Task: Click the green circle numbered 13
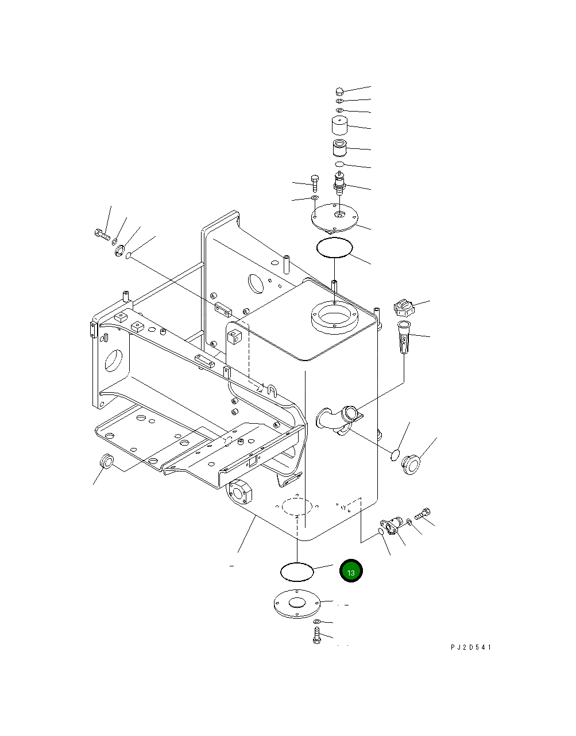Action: [351, 572]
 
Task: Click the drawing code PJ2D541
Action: [471, 647]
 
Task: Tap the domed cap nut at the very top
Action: [340, 91]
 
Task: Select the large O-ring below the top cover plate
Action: [334, 248]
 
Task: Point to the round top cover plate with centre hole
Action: [335, 217]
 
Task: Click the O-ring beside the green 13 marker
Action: [297, 572]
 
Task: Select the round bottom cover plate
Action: [296, 605]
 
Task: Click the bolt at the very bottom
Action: [316, 637]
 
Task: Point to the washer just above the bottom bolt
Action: [317, 623]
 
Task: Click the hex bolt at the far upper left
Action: [101, 234]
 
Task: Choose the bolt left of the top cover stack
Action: [314, 182]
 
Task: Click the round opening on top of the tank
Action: [334, 317]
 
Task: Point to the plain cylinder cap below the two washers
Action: [339, 126]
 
